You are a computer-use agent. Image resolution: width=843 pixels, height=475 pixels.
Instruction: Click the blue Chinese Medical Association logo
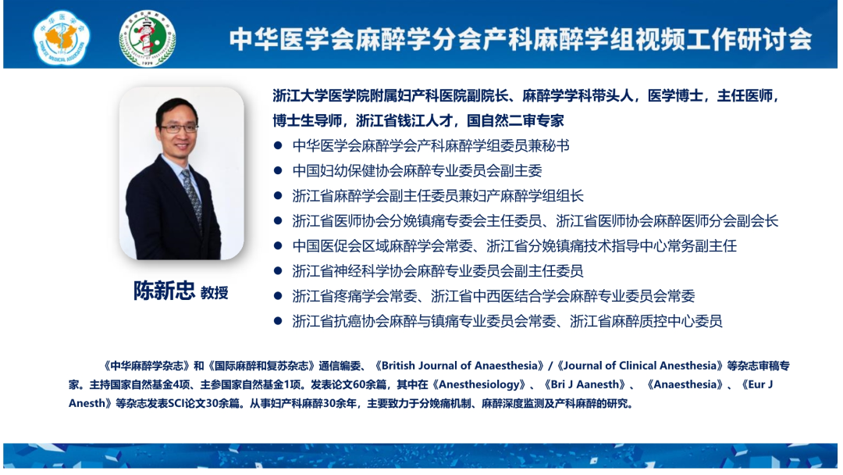pyautogui.click(x=62, y=37)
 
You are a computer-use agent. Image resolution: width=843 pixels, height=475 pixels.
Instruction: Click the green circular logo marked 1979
pyautogui.click(x=148, y=38)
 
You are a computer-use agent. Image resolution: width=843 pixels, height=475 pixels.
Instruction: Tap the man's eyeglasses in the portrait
pyautogui.click(x=179, y=128)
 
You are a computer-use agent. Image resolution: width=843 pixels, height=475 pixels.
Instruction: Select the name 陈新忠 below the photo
pyautogui.click(x=164, y=291)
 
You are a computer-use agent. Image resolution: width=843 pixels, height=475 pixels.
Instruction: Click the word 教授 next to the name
pyautogui.click(x=215, y=293)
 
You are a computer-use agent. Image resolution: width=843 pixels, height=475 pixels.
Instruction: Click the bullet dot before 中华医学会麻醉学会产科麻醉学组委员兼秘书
pyautogui.click(x=278, y=145)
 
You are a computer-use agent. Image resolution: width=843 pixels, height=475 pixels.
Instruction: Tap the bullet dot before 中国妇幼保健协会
pyautogui.click(x=278, y=170)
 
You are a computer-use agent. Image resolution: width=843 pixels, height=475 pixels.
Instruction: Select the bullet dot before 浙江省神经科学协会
pyautogui.click(x=278, y=270)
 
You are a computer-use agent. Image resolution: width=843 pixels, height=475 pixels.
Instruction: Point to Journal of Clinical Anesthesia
pyautogui.click(x=640, y=366)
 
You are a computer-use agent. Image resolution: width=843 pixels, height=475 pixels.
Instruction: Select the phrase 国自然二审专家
pyautogui.click(x=515, y=120)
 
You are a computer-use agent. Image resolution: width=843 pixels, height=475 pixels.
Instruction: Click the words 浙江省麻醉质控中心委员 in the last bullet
pyautogui.click(x=646, y=321)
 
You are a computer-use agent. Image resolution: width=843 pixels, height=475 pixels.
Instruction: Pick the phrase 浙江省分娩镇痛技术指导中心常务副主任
pyautogui.click(x=611, y=246)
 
